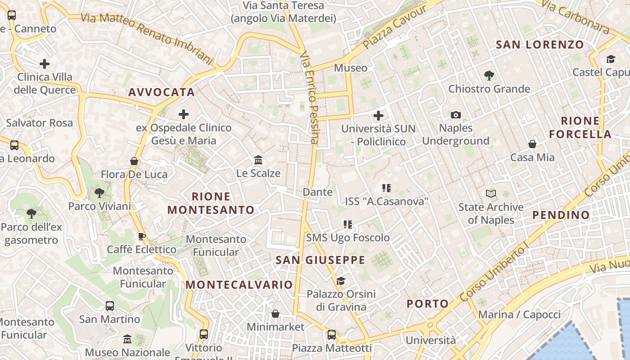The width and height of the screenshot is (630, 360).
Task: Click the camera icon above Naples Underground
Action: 456,115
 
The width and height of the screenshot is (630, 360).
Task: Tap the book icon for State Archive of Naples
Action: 491,194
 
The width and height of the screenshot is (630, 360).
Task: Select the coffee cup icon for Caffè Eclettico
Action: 141,236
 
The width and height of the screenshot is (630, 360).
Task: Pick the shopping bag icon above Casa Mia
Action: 532,144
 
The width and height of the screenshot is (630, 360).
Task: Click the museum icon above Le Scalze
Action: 258,160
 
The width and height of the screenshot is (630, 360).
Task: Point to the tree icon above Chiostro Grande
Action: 489,76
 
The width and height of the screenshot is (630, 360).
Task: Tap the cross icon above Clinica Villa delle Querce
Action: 45,64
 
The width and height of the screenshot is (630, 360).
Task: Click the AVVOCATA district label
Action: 162,92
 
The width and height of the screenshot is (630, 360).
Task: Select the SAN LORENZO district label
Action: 540,45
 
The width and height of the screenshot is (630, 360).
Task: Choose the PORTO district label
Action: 427,304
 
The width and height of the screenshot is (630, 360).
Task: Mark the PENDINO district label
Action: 561,215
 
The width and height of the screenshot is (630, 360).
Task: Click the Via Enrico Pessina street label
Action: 309,97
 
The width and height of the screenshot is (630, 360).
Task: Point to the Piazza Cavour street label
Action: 395,27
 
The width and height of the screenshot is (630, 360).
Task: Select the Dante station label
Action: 318,192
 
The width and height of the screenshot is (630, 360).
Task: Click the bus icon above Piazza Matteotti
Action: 332,335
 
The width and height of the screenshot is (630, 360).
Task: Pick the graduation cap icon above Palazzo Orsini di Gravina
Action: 341,281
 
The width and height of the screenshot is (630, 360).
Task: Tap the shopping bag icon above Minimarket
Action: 275,314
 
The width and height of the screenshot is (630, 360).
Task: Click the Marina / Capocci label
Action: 519,315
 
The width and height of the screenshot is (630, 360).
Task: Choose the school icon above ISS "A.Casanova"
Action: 386,188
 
